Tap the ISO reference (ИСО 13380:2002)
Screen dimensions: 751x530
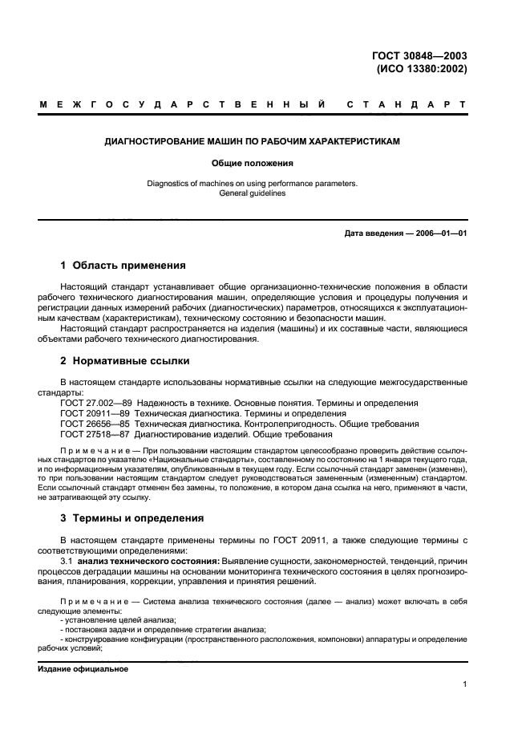click(422, 69)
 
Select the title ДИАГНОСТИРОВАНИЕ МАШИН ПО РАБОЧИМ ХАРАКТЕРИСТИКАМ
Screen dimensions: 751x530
click(264, 141)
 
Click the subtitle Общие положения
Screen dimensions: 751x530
click(264, 163)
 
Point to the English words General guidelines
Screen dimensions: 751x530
click(264, 193)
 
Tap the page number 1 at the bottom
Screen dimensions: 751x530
click(465, 684)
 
